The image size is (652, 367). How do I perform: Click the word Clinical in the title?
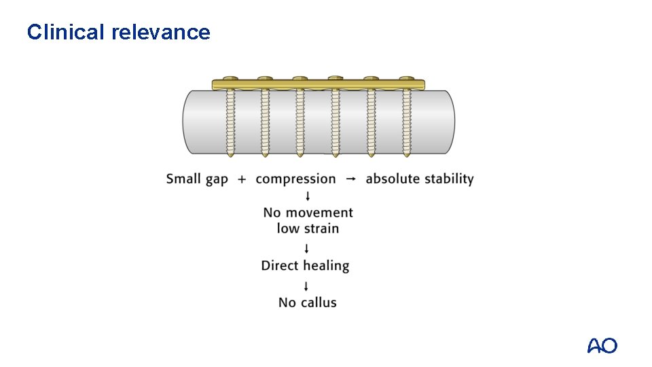[x=65, y=32]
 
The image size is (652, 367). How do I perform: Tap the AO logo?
[x=602, y=346]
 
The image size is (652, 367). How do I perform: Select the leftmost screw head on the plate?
[x=230, y=79]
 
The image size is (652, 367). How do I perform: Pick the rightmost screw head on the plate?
[x=407, y=79]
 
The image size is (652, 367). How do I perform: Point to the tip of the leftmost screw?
[x=230, y=156]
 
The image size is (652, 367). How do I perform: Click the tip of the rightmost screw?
[x=407, y=156]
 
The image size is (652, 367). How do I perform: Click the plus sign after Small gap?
[x=242, y=179]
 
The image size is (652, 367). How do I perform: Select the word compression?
[x=295, y=179]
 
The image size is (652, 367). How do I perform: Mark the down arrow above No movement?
[x=308, y=197]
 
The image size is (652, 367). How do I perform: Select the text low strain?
[x=308, y=228]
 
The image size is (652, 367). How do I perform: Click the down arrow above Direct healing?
[x=308, y=248]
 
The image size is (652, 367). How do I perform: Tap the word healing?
[x=326, y=266]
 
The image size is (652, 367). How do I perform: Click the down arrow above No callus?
[x=308, y=285]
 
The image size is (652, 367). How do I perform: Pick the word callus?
[x=319, y=302]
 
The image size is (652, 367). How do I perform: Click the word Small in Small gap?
[x=183, y=179]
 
